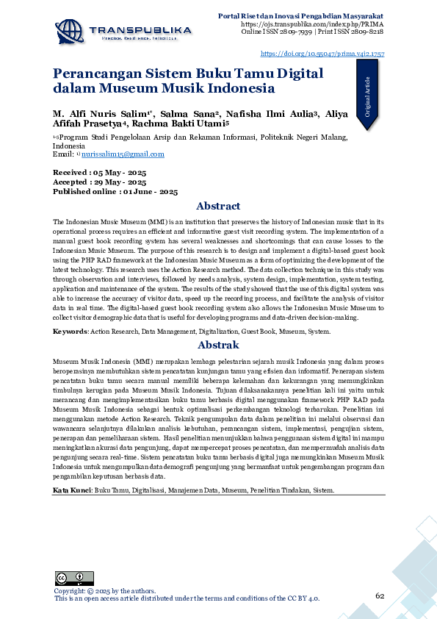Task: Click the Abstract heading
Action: pos(218,206)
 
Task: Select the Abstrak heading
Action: pos(218,345)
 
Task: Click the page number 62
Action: pos(380,595)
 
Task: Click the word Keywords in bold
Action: pos(70,332)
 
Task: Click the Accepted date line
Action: pos(99,181)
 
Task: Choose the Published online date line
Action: pos(115,191)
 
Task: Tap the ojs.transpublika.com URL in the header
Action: pos(311,24)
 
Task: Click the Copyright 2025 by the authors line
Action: pos(105,590)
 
